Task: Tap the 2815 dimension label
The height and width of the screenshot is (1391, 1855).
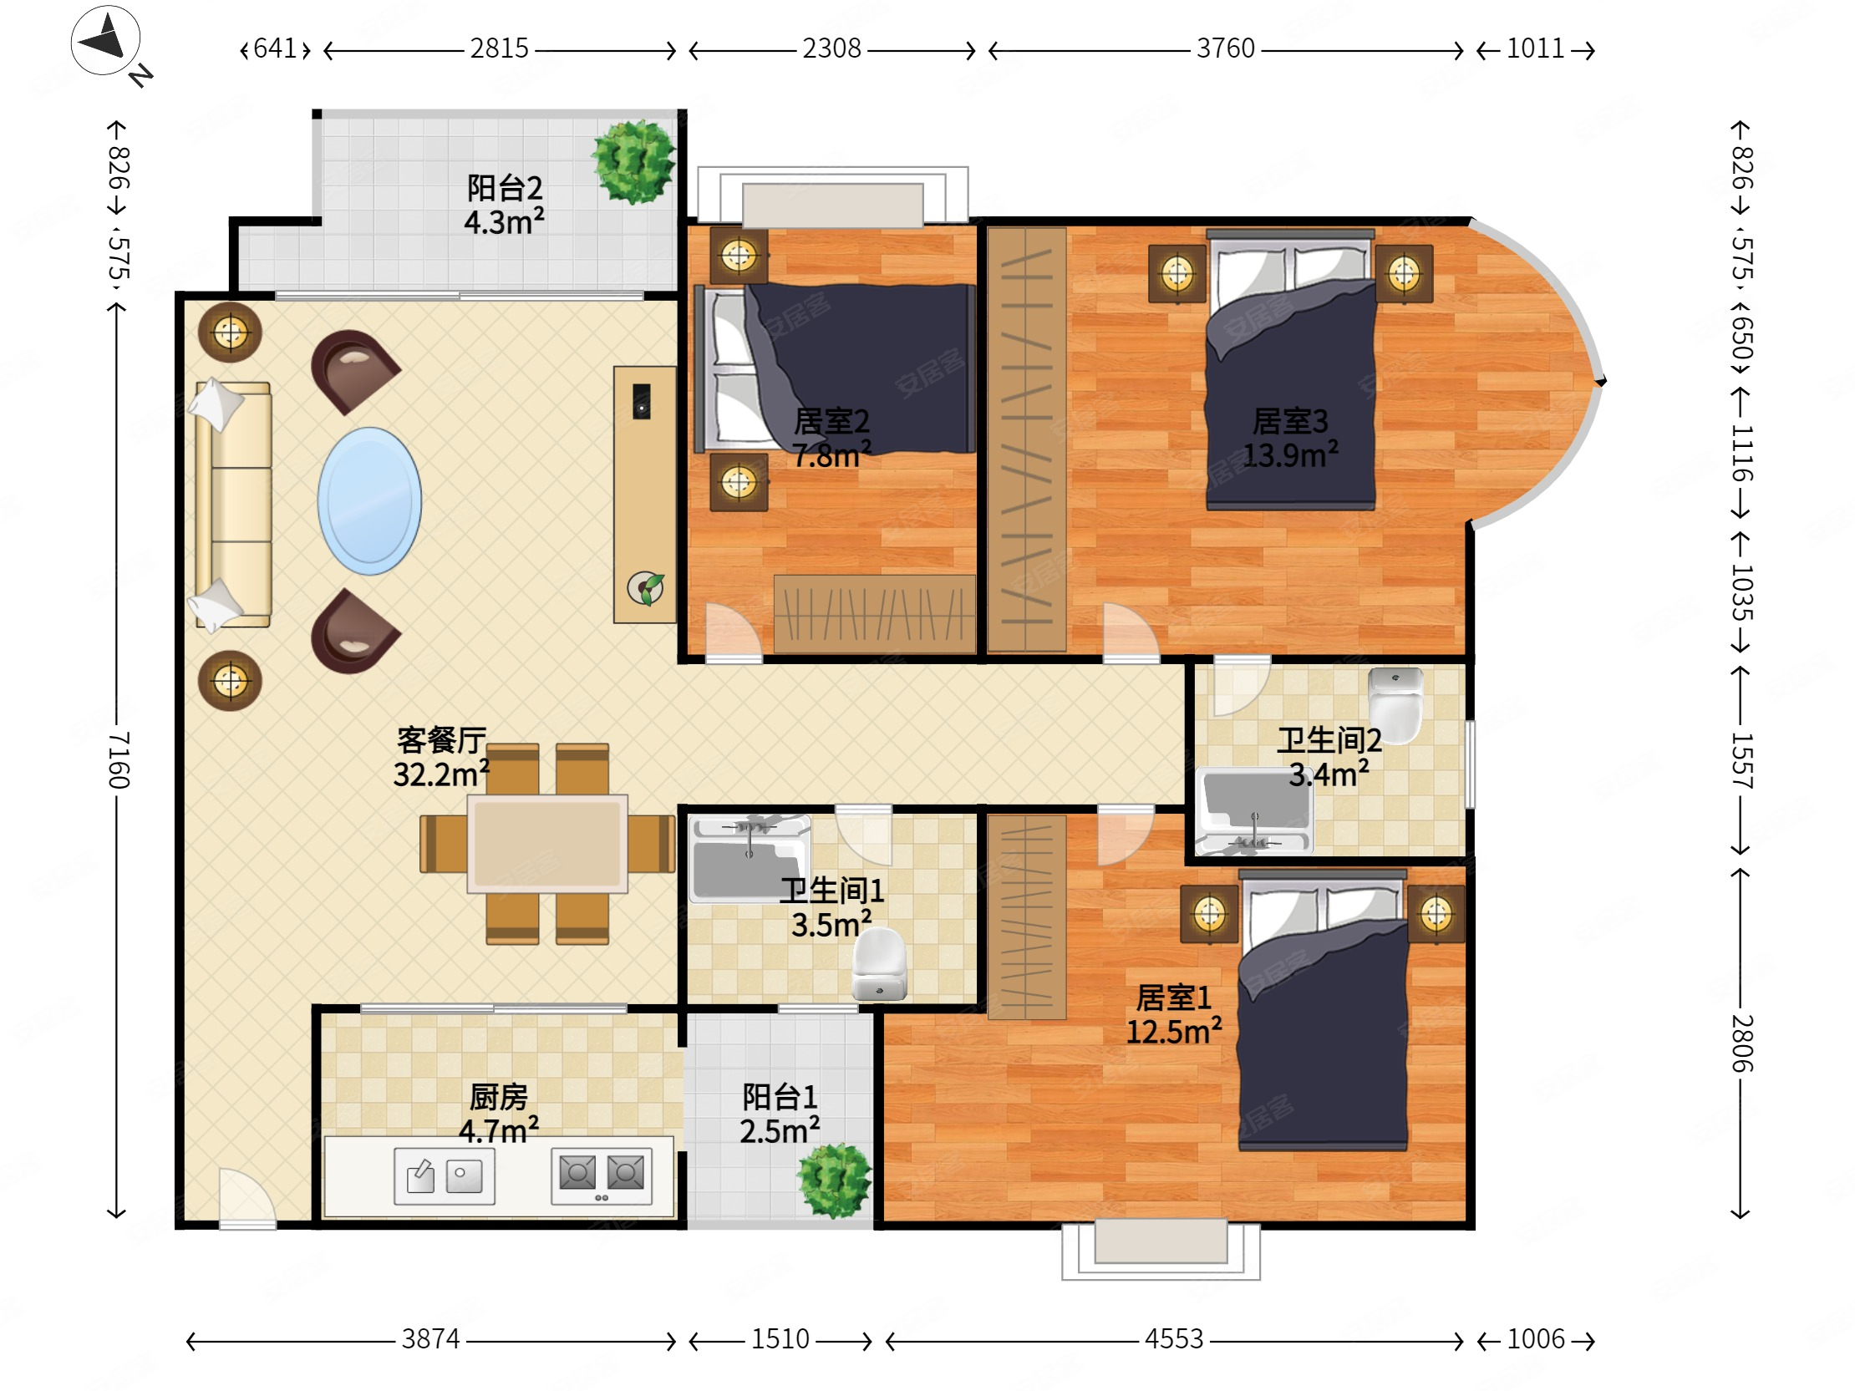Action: click(x=499, y=48)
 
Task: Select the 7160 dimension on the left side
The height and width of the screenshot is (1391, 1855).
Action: click(x=119, y=759)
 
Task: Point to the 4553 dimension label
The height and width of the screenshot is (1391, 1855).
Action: click(x=1173, y=1339)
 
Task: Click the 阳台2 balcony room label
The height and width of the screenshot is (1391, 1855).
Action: click(x=504, y=188)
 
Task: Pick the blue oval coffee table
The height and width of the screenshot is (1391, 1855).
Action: click(x=369, y=500)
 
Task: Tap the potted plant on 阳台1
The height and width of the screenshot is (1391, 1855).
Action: click(x=835, y=1180)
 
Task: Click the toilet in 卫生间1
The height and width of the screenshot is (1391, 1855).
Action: click(x=879, y=964)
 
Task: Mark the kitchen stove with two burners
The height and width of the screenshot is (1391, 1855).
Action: click(x=602, y=1175)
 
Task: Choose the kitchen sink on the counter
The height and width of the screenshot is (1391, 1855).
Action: click(x=445, y=1176)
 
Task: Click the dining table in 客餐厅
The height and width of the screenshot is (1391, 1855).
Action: click(x=546, y=844)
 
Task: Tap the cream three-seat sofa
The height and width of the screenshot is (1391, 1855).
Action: click(x=233, y=504)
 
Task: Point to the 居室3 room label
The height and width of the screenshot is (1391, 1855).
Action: click(x=1290, y=421)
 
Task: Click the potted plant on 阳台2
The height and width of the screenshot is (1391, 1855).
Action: click(x=633, y=162)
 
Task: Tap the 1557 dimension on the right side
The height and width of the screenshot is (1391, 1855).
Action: click(x=1741, y=759)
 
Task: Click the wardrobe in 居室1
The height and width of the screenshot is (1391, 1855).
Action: click(x=1026, y=916)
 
